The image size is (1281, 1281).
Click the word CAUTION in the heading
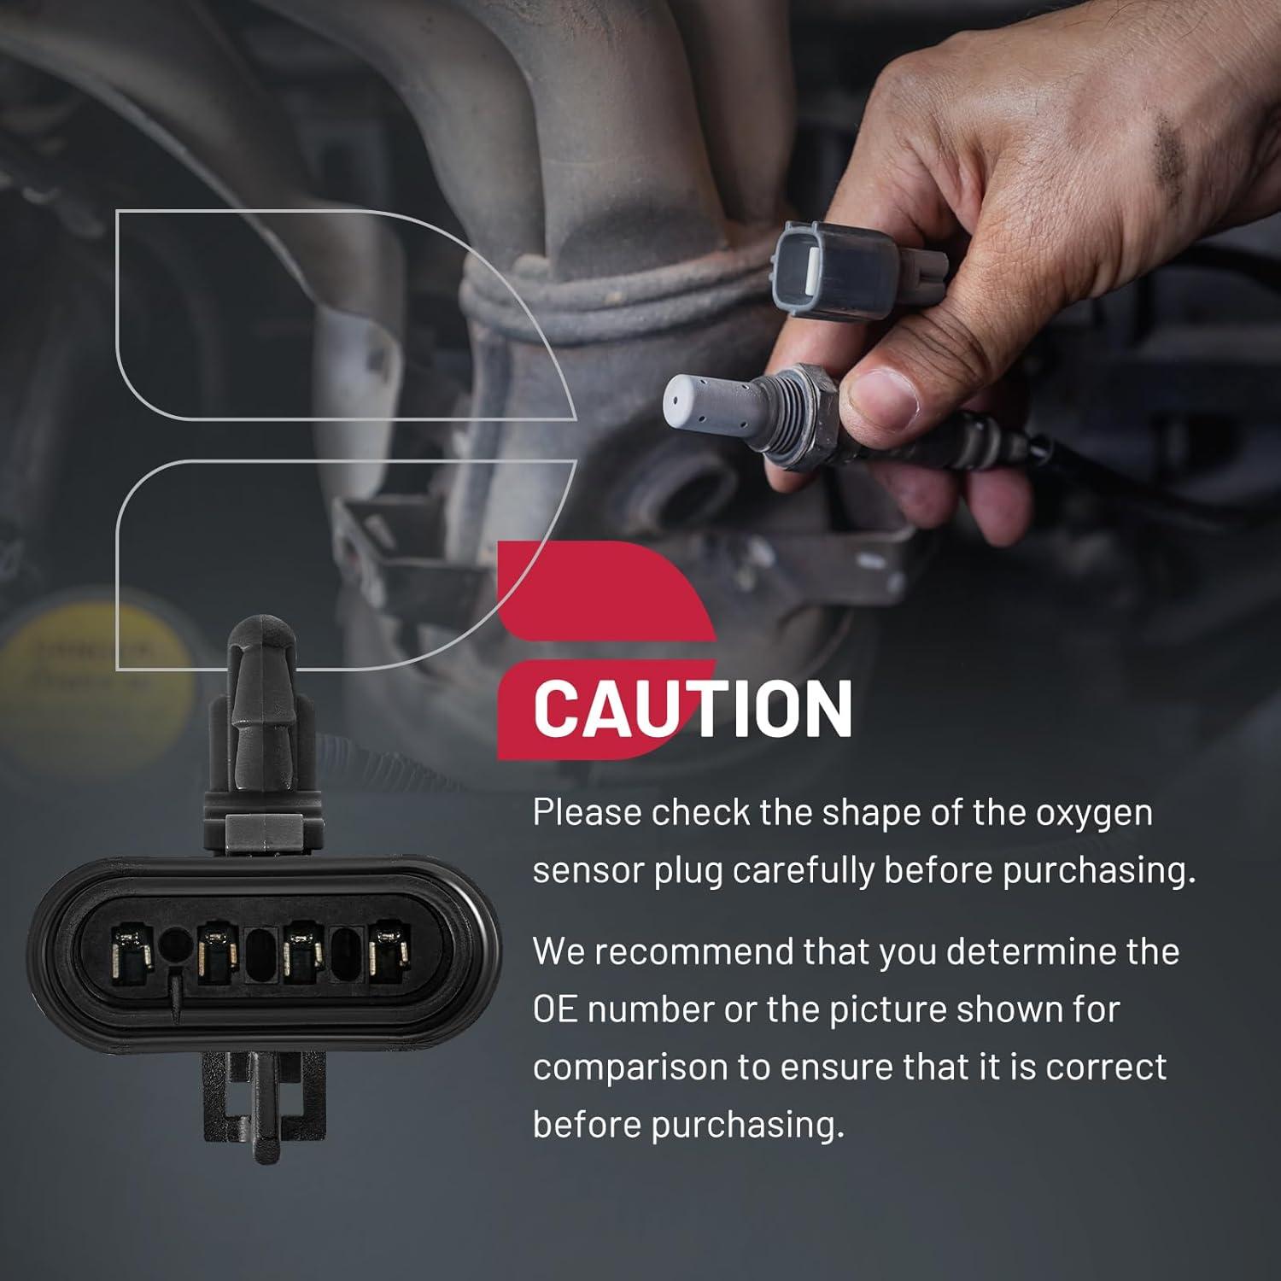click(693, 708)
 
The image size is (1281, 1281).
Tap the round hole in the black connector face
click(175, 945)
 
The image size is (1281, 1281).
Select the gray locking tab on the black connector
click(264, 826)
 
